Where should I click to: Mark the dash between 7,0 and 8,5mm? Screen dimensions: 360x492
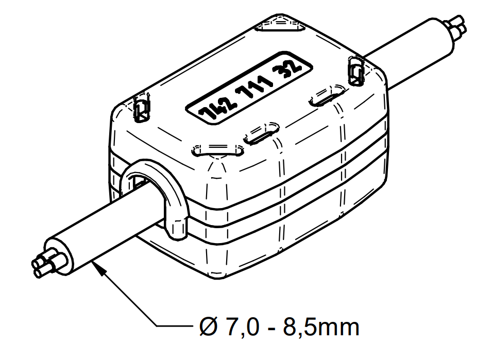tap(272, 328)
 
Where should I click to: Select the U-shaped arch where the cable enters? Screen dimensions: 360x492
tap(155, 193)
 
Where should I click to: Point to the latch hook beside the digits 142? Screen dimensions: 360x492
tap(141, 108)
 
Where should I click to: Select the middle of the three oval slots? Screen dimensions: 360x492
tap(261, 132)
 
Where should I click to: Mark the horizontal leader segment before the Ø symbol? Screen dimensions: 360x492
tap(176, 326)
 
